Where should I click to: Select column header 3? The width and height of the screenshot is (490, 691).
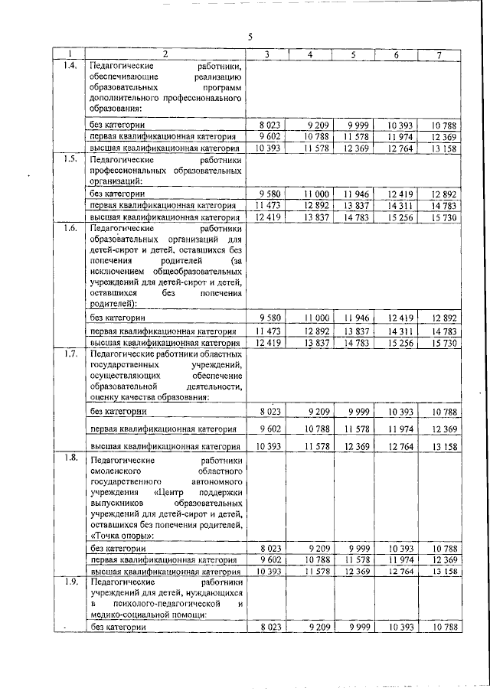tap(266, 54)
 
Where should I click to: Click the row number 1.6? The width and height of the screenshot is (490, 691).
tap(69, 228)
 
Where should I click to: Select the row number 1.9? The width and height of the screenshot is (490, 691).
tap(69, 583)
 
